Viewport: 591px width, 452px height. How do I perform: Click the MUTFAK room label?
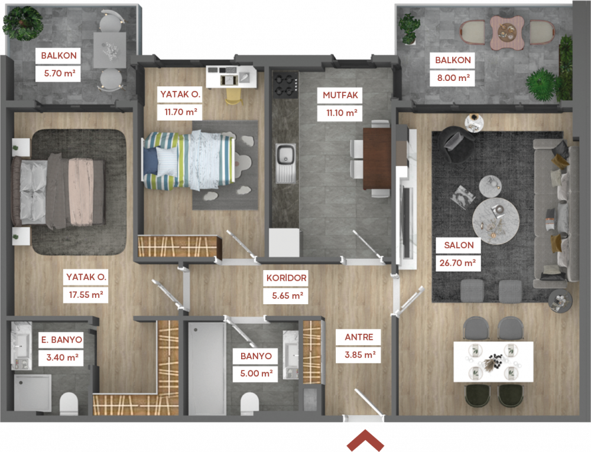tap(340, 95)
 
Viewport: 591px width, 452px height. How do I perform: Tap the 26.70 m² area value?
tap(457, 262)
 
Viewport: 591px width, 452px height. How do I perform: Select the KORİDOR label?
tap(286, 278)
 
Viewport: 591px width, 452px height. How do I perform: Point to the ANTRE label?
tap(359, 337)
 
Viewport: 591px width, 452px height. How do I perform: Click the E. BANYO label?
tap(61, 340)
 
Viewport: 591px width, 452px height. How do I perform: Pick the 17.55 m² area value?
tap(86, 295)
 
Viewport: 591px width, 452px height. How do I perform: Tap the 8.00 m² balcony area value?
tap(453, 78)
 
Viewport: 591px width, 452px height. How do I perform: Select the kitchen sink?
tap(285, 162)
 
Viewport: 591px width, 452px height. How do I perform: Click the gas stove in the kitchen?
tap(285, 85)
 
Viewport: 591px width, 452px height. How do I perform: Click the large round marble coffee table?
tap(496, 221)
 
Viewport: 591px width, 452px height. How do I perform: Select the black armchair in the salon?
tap(457, 144)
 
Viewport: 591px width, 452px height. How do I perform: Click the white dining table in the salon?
tap(493, 362)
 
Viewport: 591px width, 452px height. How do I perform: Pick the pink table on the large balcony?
tap(507, 32)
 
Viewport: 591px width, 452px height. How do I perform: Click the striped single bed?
tap(189, 160)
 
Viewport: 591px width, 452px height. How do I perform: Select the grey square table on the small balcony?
tap(110, 50)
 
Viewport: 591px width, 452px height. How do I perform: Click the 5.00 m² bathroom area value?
tap(256, 373)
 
